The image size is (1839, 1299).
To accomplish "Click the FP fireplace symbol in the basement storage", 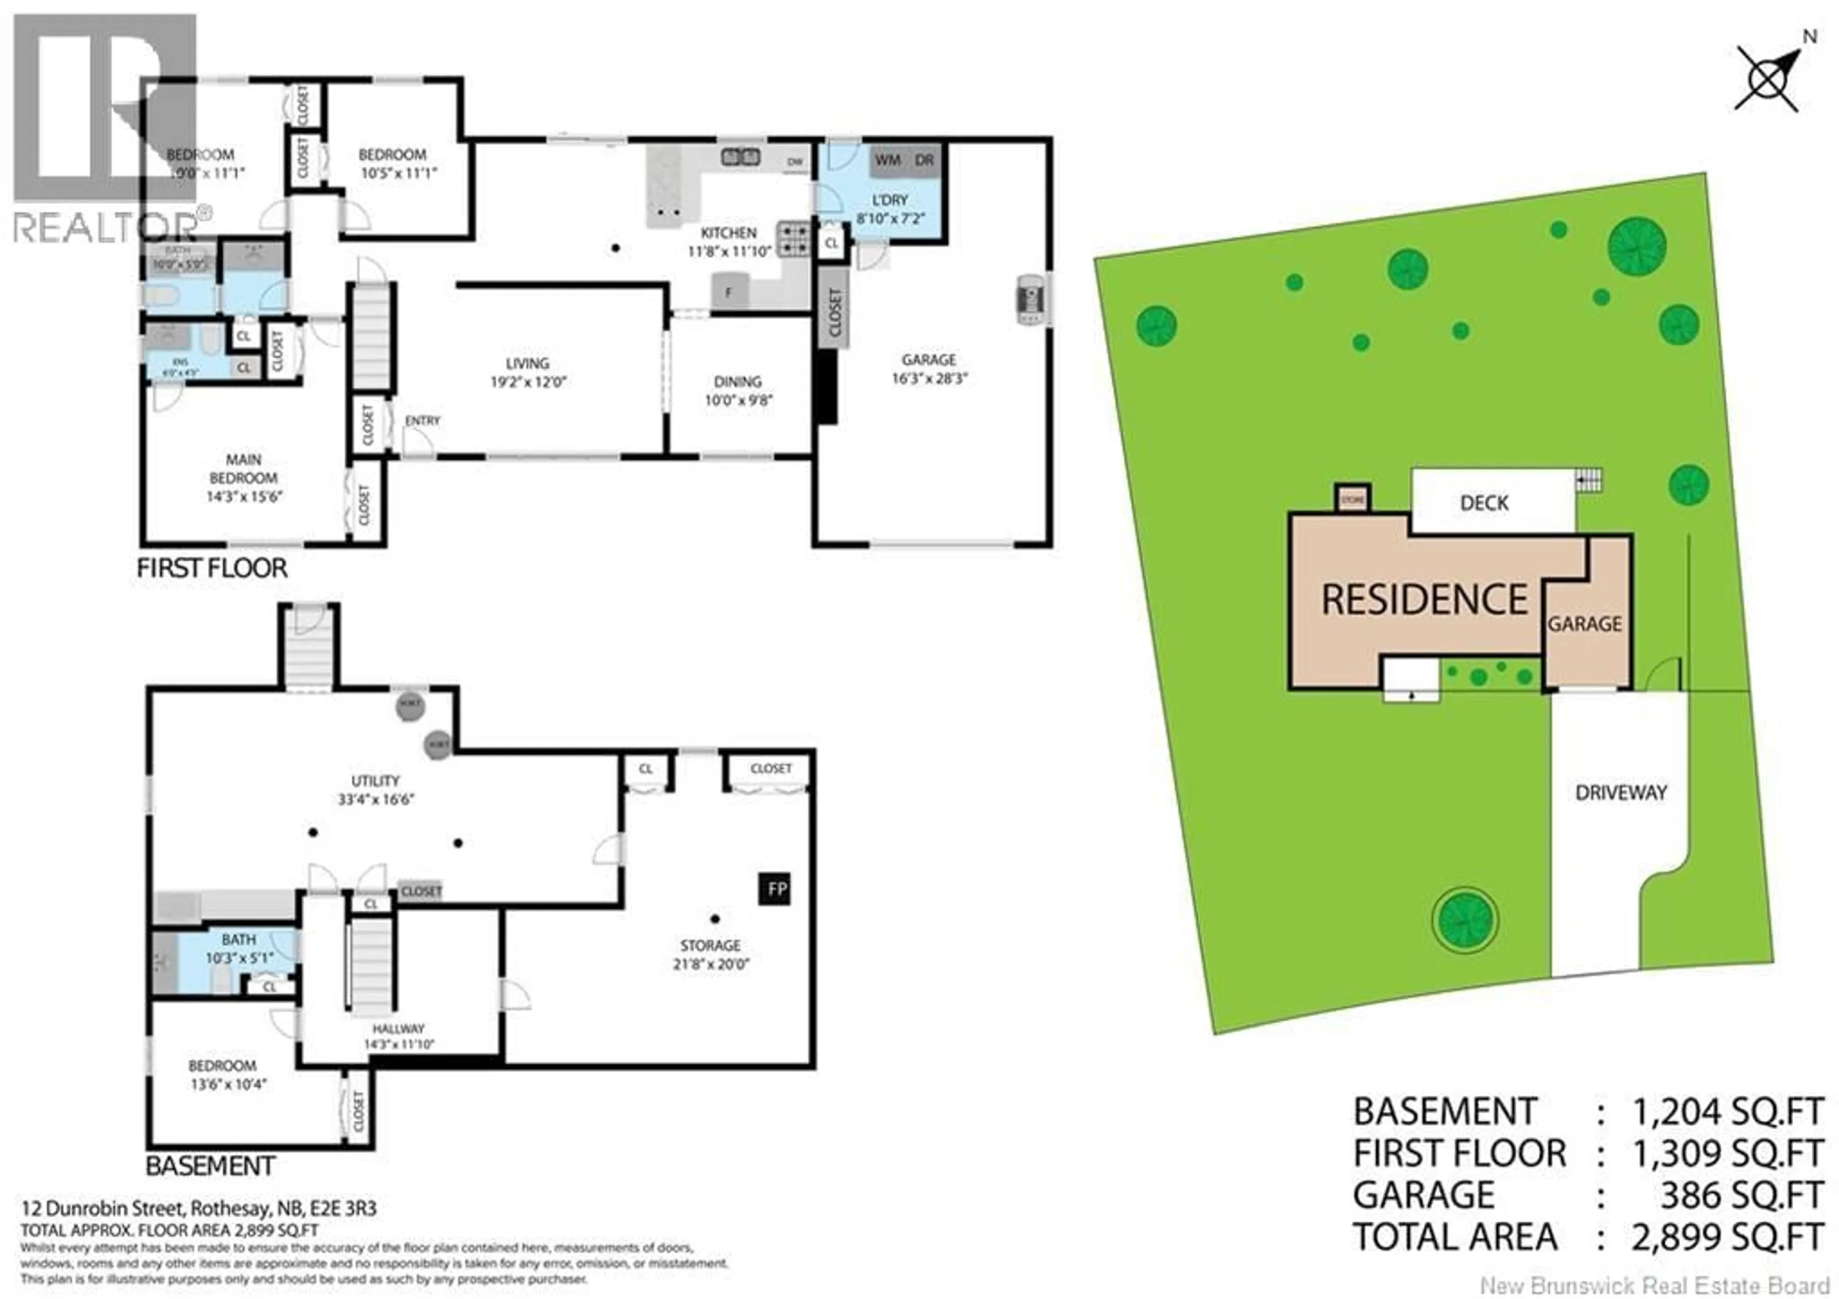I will tap(775, 889).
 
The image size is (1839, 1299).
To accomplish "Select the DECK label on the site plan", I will tap(1484, 503).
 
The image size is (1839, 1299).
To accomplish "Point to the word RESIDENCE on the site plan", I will tap(1424, 600).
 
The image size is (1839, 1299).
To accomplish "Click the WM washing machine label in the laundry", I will tap(887, 160).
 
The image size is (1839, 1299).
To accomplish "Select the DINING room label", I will tap(738, 382).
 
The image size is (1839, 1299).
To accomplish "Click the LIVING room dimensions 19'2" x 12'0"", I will tap(528, 382).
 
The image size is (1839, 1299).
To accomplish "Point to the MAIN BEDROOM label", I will tap(243, 469).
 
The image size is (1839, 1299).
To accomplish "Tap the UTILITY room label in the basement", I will tap(375, 781).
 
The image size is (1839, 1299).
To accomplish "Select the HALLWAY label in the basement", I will tap(398, 1028).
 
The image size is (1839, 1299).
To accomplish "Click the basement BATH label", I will tap(238, 939).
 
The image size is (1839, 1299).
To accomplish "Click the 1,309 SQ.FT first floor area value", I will tap(1728, 1154).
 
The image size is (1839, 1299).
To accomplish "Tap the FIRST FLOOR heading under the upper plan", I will tap(212, 568).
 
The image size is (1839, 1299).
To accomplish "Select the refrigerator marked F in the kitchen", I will tap(729, 292).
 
